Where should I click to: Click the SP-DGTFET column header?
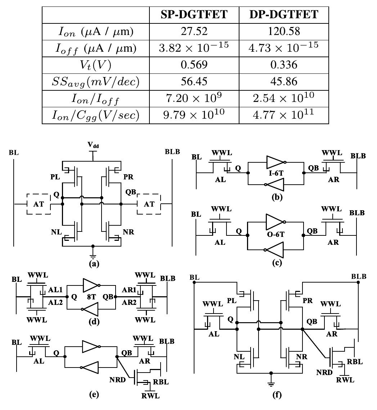point(194,15)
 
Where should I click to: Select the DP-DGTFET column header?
point(284,15)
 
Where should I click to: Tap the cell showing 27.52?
point(194,31)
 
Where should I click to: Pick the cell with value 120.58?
point(284,31)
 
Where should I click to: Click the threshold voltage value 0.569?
point(194,64)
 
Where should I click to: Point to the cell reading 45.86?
point(284,81)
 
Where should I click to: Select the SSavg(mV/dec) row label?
point(95,82)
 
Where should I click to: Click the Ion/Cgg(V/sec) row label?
point(95,115)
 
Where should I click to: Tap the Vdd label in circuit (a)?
point(93,145)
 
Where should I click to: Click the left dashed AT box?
point(39,204)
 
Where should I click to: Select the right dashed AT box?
point(149,204)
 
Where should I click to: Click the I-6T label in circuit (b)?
point(276,173)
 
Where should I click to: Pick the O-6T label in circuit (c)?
point(276,235)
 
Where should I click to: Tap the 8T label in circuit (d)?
point(91,297)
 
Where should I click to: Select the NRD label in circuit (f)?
point(324,372)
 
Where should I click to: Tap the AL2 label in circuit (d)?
point(55,302)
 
